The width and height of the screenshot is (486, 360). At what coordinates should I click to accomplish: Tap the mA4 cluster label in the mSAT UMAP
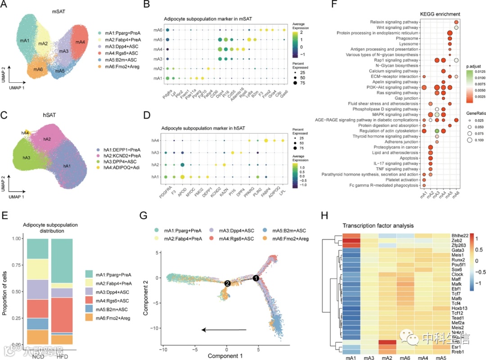pyautogui.click(x=80, y=42)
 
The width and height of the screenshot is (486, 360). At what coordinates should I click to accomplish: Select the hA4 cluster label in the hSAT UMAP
pyautogui.click(x=25, y=133)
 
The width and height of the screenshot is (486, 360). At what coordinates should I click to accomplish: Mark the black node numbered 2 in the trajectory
pyautogui.click(x=228, y=283)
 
